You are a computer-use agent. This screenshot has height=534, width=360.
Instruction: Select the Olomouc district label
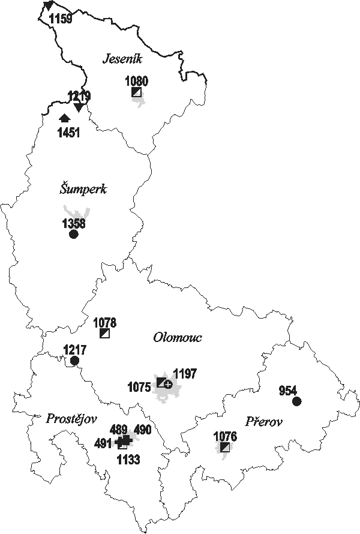tap(177, 337)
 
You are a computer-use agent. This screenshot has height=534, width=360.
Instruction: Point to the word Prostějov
tap(71, 418)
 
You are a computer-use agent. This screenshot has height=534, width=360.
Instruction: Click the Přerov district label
tap(264, 422)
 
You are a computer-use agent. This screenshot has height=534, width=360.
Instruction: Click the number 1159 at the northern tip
tap(61, 19)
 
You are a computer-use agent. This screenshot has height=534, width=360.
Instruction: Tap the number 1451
tap(68, 133)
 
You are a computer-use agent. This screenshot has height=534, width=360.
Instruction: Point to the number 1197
tap(185, 374)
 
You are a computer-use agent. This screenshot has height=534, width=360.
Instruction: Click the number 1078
tap(105, 323)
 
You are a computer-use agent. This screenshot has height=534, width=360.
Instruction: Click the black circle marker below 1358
tap(74, 234)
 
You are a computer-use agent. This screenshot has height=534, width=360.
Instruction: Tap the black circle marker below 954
tap(296, 401)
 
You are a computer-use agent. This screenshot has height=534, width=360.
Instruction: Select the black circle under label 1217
tap(74, 360)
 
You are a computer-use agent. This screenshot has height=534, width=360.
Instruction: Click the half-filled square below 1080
tap(137, 92)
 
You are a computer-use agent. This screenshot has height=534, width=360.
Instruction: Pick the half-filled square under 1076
tap(225, 447)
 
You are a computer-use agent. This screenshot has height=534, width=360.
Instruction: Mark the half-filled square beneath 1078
tap(105, 334)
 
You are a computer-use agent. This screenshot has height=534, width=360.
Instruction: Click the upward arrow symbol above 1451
tap(65, 118)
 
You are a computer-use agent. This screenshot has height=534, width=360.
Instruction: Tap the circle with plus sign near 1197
tap(169, 383)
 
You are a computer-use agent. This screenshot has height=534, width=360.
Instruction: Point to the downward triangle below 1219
tap(78, 107)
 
